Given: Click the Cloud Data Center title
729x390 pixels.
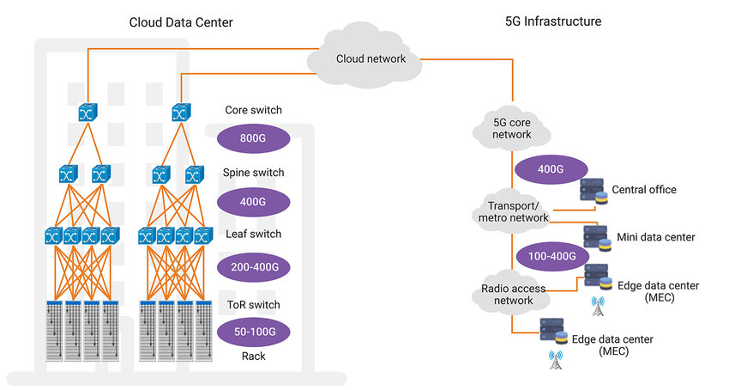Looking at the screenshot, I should [x=180, y=21].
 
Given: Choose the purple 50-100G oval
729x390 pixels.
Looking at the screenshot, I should [x=253, y=331].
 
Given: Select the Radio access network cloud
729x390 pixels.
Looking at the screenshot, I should [x=513, y=294].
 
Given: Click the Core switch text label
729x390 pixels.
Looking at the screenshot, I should [x=253, y=110].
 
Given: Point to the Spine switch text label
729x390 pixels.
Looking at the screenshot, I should [x=253, y=173].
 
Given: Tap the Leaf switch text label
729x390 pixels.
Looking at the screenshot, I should [x=253, y=234].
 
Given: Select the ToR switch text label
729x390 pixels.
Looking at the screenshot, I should [x=253, y=305].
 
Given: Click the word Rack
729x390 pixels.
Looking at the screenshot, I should [x=253, y=355].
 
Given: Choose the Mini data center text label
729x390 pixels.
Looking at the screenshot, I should [x=655, y=236].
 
